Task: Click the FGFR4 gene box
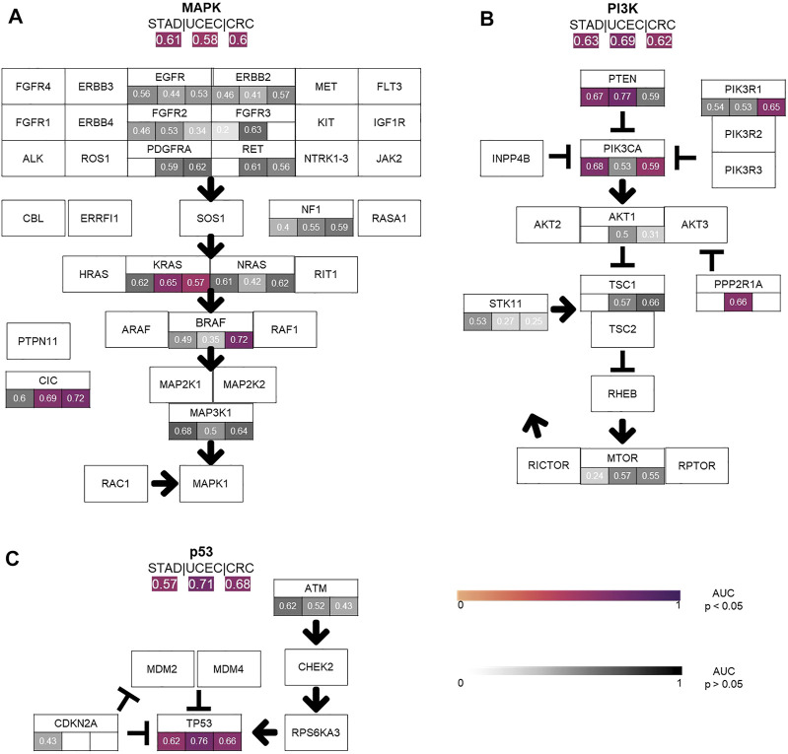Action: [x=34, y=86]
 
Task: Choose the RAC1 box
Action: [x=116, y=484]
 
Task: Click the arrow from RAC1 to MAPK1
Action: [x=164, y=484]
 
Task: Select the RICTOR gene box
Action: [x=548, y=464]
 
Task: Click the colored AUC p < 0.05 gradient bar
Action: [x=569, y=594]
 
